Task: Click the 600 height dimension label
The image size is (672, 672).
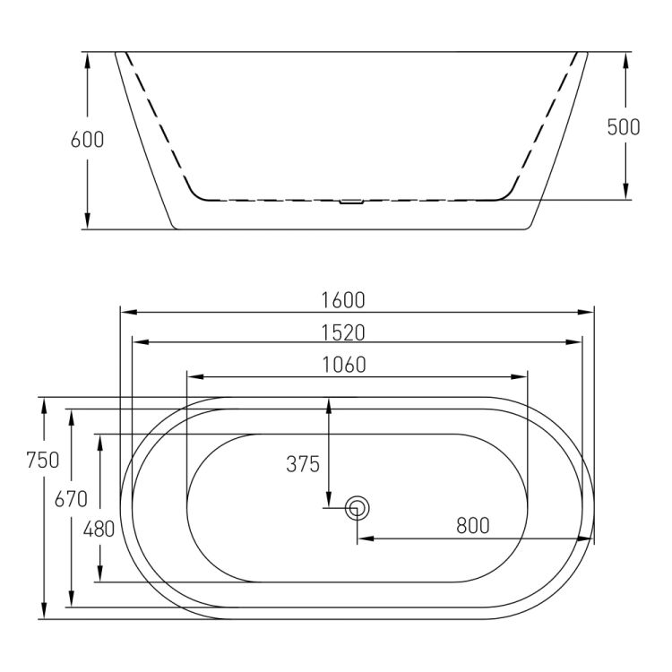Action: pyautogui.click(x=87, y=139)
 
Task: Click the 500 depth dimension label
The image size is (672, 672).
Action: pyautogui.click(x=624, y=126)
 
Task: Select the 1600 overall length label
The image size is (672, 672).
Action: pyautogui.click(x=343, y=300)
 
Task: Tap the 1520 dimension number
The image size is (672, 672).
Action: pyautogui.click(x=343, y=332)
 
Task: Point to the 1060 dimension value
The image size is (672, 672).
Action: pyautogui.click(x=344, y=365)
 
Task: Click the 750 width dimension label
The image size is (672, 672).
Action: pyautogui.click(x=42, y=460)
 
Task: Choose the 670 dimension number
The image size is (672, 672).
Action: pyautogui.click(x=71, y=499)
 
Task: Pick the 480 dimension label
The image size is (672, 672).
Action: pyautogui.click(x=99, y=529)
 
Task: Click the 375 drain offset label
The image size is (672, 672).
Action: pyautogui.click(x=303, y=464)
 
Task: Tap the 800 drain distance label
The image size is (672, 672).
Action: pyautogui.click(x=473, y=525)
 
